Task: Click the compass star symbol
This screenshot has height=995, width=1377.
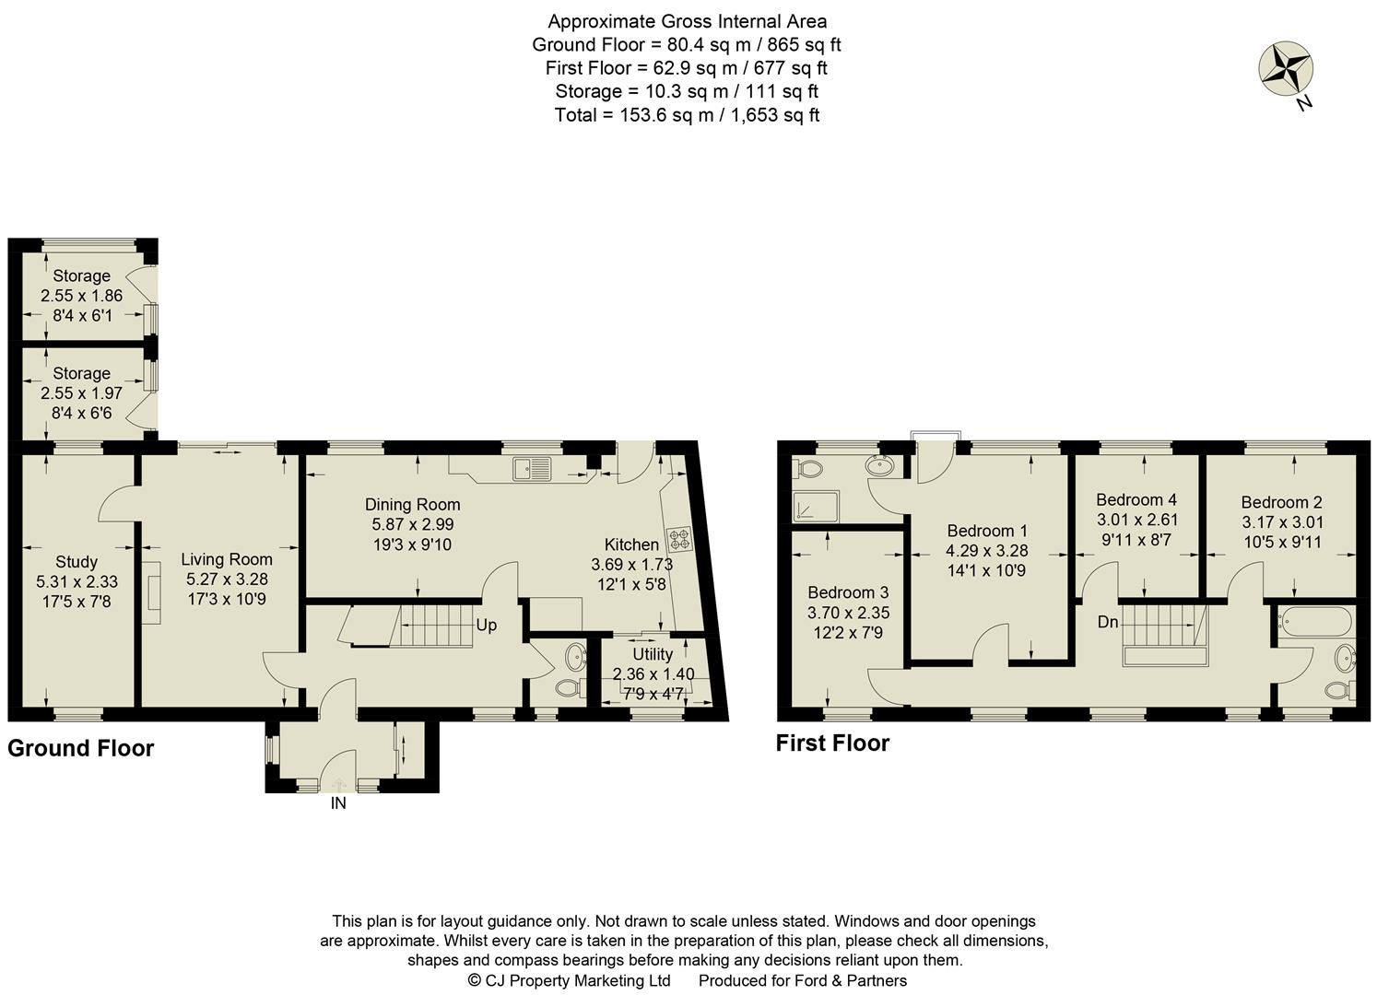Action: (1285, 69)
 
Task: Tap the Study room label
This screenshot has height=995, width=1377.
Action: (76, 562)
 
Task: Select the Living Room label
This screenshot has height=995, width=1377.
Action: (226, 559)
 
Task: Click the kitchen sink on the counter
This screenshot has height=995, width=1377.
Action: (533, 468)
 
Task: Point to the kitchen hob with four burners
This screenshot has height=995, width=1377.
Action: (681, 539)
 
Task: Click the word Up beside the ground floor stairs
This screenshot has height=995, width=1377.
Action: (486, 625)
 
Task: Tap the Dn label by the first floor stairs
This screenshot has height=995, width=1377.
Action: (1108, 622)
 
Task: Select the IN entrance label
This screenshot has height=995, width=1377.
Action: (338, 803)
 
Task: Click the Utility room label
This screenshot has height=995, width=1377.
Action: (652, 654)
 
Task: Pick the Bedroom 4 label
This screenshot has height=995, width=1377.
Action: (1136, 499)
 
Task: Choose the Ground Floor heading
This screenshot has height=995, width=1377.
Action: (81, 748)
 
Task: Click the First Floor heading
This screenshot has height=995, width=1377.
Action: (832, 743)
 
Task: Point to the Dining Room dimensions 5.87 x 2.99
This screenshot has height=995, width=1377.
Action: (412, 523)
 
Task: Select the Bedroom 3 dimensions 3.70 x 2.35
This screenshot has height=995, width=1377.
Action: (848, 613)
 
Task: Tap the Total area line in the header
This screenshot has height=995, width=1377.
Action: (687, 115)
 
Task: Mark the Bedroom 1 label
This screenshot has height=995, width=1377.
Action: (987, 531)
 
